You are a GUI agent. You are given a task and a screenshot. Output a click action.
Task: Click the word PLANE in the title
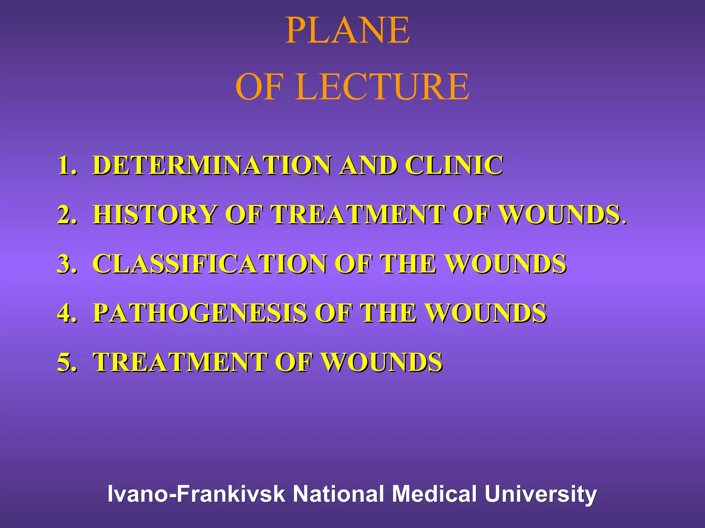[x=348, y=31]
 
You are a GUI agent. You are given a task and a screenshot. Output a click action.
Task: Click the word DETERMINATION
[x=212, y=165]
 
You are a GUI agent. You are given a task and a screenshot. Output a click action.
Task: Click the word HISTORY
[x=155, y=214]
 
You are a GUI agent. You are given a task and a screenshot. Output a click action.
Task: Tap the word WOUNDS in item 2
[x=561, y=214]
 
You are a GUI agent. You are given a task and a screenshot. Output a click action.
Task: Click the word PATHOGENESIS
[x=200, y=313]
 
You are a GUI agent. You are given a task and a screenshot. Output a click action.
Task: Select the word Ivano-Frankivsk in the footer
[x=196, y=494]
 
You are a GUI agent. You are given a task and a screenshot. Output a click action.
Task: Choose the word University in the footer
[x=540, y=494]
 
